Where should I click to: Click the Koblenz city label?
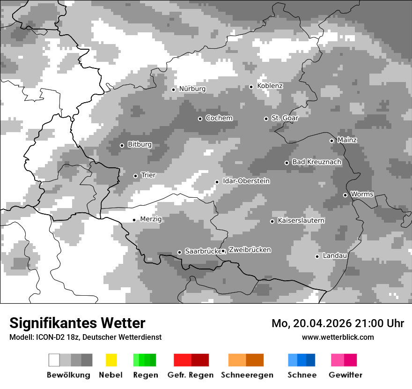click(270, 86)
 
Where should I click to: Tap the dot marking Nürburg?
click(173, 90)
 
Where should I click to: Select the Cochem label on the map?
click(219, 118)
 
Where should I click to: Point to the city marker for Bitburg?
click(122, 145)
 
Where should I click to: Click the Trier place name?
click(148, 175)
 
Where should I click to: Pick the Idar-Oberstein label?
click(246, 181)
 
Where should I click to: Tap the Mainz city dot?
click(331, 141)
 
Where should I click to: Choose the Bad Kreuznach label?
click(316, 162)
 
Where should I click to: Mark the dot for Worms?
click(345, 195)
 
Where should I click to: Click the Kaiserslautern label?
click(301, 221)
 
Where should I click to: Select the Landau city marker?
click(317, 256)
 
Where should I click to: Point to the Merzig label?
click(151, 219)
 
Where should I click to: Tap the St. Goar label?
click(285, 118)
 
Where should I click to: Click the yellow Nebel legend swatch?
click(111, 360)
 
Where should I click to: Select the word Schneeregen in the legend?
click(246, 375)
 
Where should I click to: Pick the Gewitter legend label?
click(345, 375)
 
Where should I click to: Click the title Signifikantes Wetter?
click(77, 323)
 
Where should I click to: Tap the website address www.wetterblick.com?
click(338, 337)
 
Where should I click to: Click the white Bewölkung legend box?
click(54, 360)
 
